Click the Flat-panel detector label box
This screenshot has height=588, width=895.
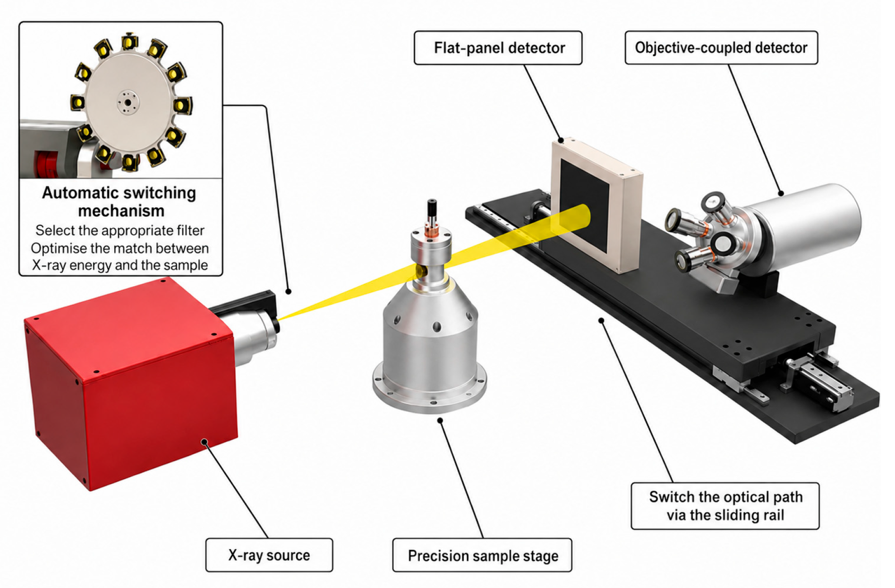pos(498,48)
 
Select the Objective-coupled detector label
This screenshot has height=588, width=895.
pos(721,48)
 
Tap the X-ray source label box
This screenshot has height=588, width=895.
pos(269,555)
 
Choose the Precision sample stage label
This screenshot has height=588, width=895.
pos(482,555)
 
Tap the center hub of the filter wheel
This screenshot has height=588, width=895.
pos(127,102)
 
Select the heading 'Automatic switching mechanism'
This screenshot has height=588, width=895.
pos(119,202)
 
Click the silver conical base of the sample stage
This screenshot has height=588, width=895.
pos(430,349)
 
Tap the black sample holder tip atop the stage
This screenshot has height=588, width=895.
pos(432,208)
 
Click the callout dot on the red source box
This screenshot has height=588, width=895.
pos(205,442)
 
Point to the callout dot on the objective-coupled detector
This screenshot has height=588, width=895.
pos(781,193)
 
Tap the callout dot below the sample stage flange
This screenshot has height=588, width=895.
pos(440,420)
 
